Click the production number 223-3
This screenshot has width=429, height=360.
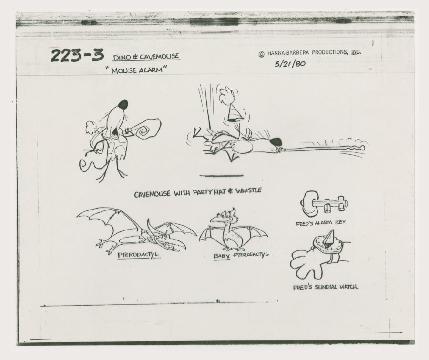click(x=77, y=56)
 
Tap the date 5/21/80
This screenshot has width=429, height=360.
click(x=290, y=64)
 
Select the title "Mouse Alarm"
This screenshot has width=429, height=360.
click(x=136, y=70)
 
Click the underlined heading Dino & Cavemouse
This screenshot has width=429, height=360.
click(x=146, y=57)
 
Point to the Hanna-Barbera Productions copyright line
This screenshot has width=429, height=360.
click(x=310, y=53)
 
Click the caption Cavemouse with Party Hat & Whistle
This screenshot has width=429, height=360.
click(x=197, y=192)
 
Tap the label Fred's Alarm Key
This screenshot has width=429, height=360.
click(x=320, y=223)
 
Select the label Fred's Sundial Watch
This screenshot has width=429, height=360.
click(x=326, y=287)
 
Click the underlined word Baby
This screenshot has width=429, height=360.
click(x=222, y=256)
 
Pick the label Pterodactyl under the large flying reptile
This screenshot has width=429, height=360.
click(x=138, y=255)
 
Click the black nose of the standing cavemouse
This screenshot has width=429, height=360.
click(x=123, y=104)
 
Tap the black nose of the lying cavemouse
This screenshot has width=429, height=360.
click(x=276, y=141)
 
